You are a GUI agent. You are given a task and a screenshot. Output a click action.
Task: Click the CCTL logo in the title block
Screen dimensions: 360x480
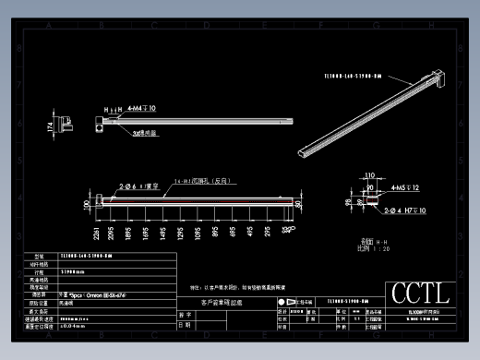[420, 294]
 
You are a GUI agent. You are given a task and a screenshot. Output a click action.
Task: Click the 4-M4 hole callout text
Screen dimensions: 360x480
[140, 108]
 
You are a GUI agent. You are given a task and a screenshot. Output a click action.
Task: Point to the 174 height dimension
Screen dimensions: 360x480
[49, 126]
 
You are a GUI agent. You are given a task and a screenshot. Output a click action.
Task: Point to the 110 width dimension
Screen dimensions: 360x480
[370, 174]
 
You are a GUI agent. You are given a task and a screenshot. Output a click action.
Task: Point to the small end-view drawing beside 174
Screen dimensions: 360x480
[66, 122]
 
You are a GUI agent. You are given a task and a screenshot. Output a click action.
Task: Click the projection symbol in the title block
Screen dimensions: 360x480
[281, 302]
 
